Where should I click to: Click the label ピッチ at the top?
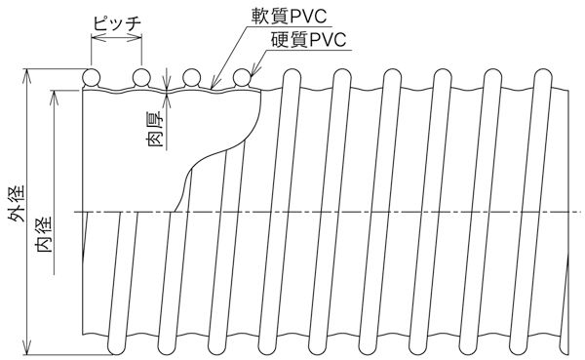tap(116, 20)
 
